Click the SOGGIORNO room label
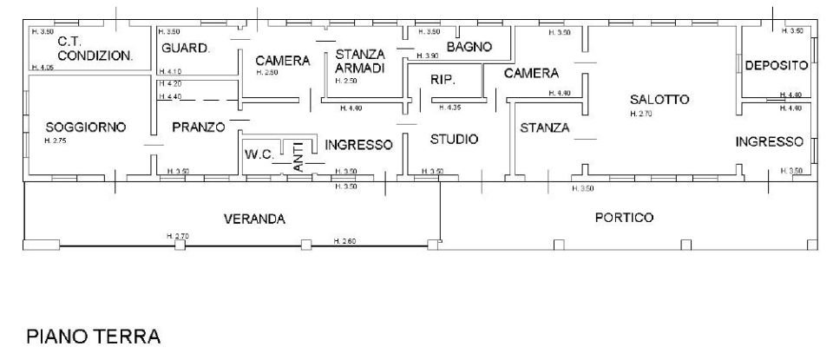(x=86, y=127)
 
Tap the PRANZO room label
(x=198, y=127)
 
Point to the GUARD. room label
(x=186, y=49)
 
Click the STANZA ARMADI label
(x=360, y=62)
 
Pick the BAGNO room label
(x=469, y=46)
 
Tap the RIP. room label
(x=443, y=80)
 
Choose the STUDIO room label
(x=454, y=139)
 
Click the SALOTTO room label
(x=659, y=99)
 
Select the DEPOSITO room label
(x=777, y=65)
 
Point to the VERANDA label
(x=254, y=219)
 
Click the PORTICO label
(x=624, y=218)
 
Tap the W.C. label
(x=259, y=155)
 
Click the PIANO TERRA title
(x=94, y=336)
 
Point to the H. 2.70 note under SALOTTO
(x=641, y=114)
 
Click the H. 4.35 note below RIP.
(x=450, y=108)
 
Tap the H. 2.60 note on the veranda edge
(x=344, y=240)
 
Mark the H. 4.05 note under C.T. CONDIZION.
(x=43, y=67)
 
